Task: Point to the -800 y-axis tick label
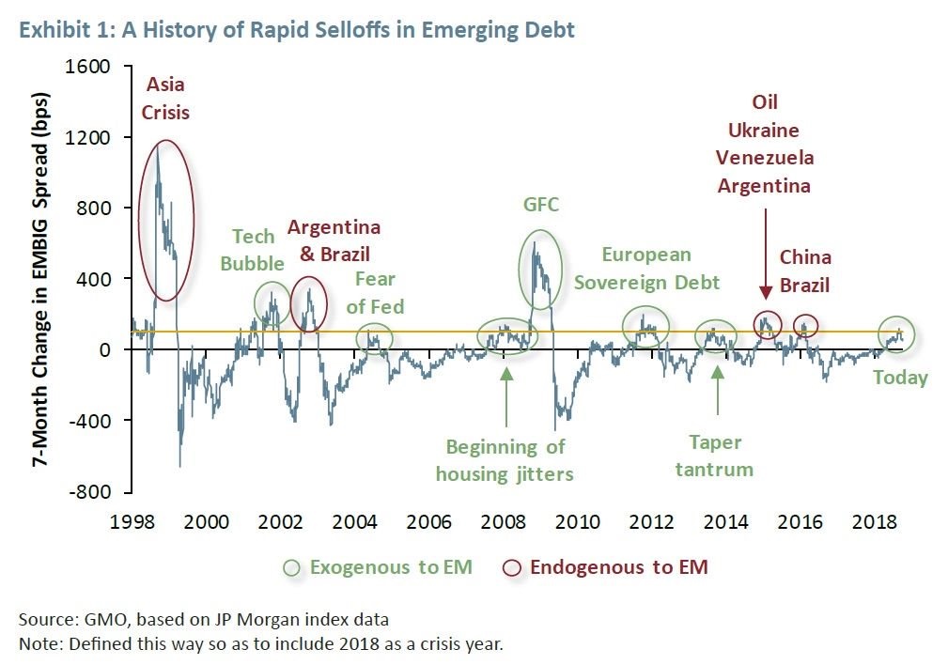pos(92,491)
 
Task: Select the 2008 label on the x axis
pos(504,521)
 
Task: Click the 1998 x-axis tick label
pos(133,521)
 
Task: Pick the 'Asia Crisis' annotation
pos(165,99)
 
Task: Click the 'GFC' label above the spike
pos(540,204)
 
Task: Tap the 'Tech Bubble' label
pos(252,249)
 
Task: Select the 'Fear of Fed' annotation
pos(376,292)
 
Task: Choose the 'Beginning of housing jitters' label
pos(505,459)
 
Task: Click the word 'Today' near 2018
pos(899,378)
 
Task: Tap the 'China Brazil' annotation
pos(805,271)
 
